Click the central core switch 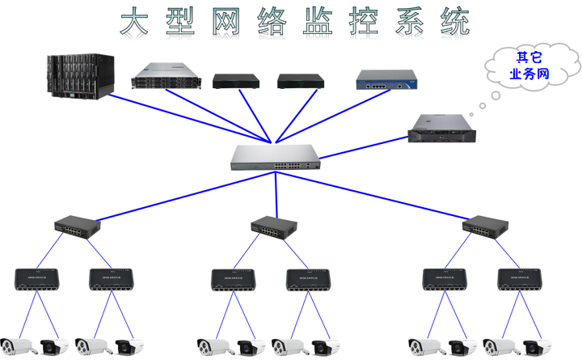tap(274, 156)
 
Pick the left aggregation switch tap(78, 226)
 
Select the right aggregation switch tap(485, 227)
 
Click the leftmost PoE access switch tap(36, 279)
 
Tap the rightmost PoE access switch tap(519, 279)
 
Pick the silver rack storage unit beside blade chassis tap(164, 76)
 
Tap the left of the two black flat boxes tap(236, 81)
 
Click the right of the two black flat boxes tap(301, 81)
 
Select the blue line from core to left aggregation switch tap(170, 194)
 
